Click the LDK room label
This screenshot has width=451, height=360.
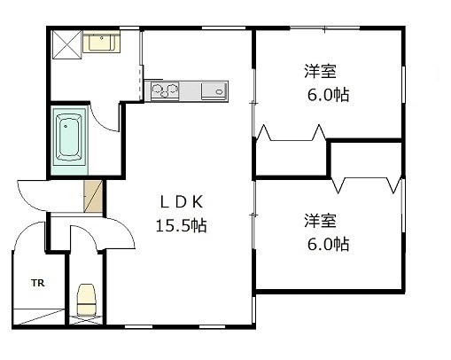click(182, 202)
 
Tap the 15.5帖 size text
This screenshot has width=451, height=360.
click(181, 226)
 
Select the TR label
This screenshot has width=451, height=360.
click(38, 283)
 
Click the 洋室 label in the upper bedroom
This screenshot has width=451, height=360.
click(320, 71)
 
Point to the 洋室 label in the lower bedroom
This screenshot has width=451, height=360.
click(320, 221)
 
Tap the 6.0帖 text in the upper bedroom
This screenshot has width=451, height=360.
click(328, 95)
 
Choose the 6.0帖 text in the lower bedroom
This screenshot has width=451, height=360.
click(328, 245)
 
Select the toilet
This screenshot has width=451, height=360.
click(86, 300)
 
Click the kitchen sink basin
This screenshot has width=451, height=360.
click(214, 91)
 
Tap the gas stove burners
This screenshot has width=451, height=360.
click(165, 90)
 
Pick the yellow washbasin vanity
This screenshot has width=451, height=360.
click(101, 42)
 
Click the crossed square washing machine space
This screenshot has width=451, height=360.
click(66, 44)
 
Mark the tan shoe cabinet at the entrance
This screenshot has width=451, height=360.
click(93, 197)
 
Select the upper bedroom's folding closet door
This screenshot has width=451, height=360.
click(292, 133)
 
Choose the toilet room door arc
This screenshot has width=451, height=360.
click(88, 233)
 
